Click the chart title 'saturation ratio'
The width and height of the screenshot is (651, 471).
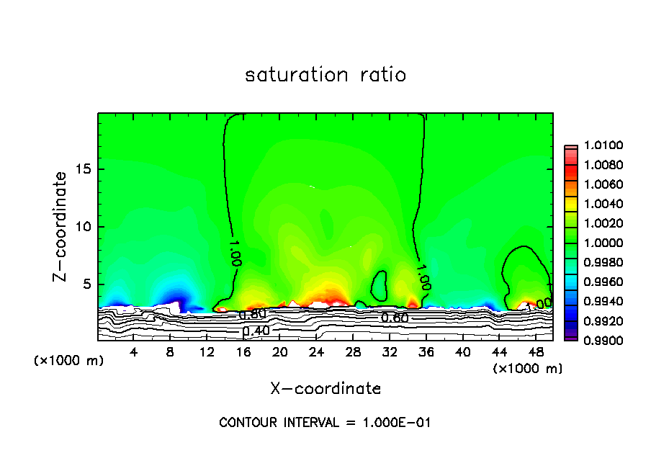[x=325, y=75]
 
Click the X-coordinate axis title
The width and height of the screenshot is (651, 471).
[x=325, y=389]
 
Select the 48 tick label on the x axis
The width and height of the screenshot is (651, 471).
[x=536, y=351]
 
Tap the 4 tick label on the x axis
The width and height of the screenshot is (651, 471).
[x=134, y=351]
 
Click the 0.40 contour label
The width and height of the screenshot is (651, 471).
[x=256, y=331]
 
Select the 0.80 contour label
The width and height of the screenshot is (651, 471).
[x=253, y=315]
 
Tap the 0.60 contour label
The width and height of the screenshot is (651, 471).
[x=395, y=318]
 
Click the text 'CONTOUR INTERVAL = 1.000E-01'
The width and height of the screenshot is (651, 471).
[x=325, y=423]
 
